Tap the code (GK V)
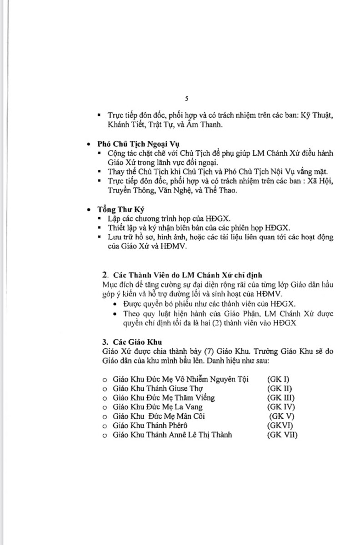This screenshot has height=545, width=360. tap(282, 416)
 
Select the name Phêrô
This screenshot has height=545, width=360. tap(175, 426)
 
